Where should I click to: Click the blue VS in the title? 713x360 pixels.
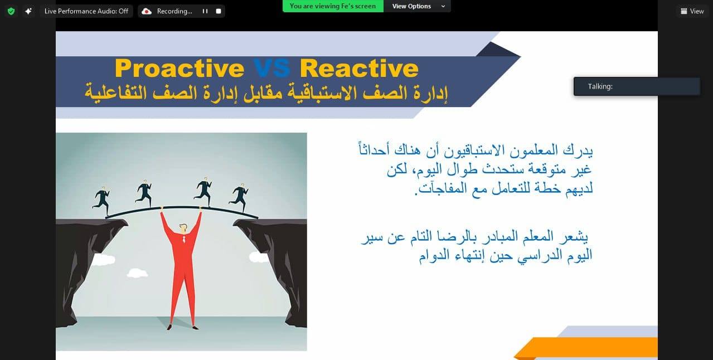tap(272, 68)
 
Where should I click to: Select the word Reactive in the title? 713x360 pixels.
tap(359, 68)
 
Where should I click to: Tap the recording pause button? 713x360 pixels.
tap(205, 11)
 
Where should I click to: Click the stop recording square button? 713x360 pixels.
tap(219, 11)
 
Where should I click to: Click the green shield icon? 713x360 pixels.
tap(11, 12)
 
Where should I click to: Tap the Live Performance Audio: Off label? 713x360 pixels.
tap(86, 11)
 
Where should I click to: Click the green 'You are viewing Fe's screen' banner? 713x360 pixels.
tap(333, 6)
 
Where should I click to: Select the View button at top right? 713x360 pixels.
tap(692, 11)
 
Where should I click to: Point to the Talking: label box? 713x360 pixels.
tap(637, 86)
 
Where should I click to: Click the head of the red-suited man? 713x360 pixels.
tap(183, 228)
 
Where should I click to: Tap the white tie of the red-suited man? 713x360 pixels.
tap(184, 239)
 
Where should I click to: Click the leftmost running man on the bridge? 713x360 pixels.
tap(101, 201)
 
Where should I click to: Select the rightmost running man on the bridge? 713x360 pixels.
tap(239, 197)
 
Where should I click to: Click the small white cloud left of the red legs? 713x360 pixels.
tap(137, 273)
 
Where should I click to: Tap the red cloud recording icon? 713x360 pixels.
tap(147, 12)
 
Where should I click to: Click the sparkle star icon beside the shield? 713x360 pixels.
tap(28, 11)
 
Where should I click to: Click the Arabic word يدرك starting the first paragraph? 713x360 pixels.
tap(578, 150)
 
